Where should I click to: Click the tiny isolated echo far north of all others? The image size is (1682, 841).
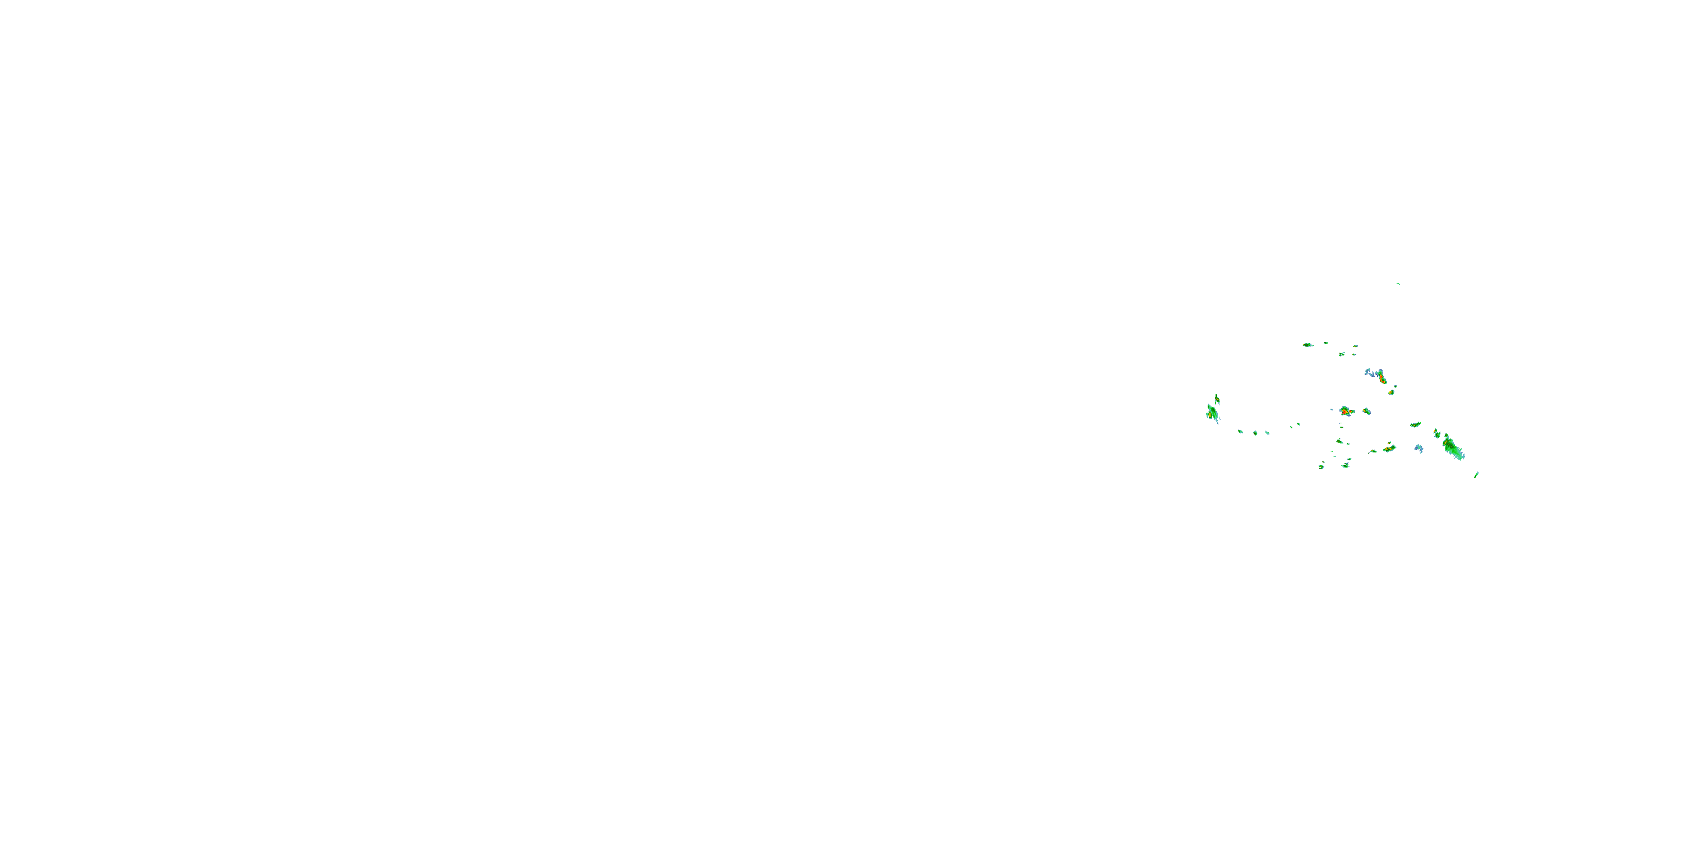click(x=1398, y=284)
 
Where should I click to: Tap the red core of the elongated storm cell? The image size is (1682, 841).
click(x=1382, y=378)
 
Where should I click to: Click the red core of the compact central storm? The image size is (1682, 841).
click(x=1344, y=412)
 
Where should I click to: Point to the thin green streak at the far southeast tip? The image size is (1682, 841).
click(x=1476, y=475)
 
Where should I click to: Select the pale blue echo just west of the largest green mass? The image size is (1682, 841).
click(x=1418, y=449)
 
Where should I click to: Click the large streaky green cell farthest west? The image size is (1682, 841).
click(x=1212, y=413)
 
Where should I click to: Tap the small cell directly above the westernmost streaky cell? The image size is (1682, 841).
click(x=1217, y=398)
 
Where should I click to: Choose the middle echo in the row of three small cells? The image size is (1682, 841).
click(x=1255, y=432)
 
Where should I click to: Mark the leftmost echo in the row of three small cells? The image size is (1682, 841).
click(x=1241, y=431)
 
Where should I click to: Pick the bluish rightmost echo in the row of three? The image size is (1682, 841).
click(x=1267, y=433)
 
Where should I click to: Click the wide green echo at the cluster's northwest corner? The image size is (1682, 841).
click(x=1307, y=345)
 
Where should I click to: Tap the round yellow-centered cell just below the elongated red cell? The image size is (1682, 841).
click(x=1392, y=392)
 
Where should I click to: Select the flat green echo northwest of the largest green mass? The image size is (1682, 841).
click(x=1415, y=425)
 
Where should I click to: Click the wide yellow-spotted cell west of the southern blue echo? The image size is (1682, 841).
click(x=1389, y=449)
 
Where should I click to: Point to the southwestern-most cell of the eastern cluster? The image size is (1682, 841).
click(x=1321, y=466)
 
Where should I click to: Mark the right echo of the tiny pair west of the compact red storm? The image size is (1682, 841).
click(x=1298, y=424)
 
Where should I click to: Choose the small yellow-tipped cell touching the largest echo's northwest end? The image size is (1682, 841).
click(x=1436, y=433)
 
